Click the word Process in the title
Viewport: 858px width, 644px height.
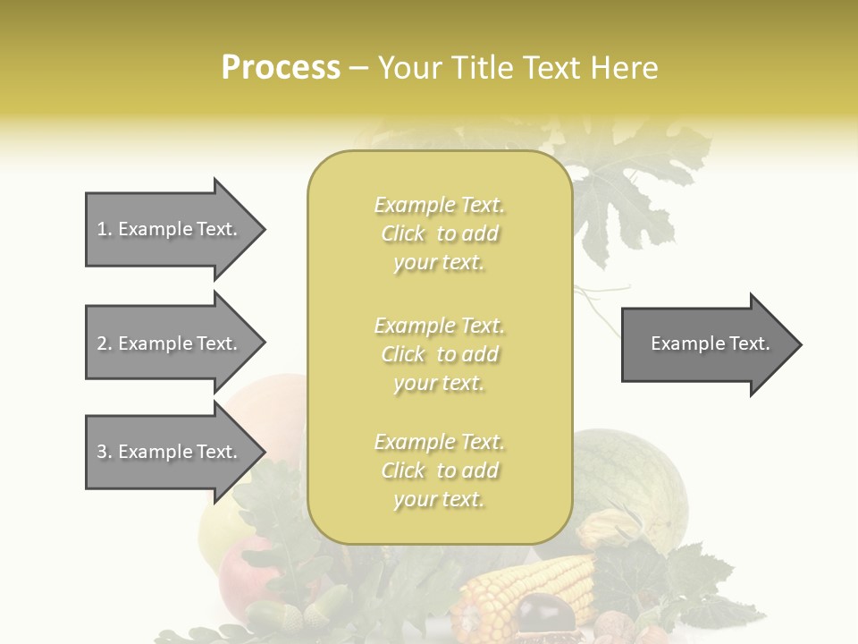(x=281, y=67)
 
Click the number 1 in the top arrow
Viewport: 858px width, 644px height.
(x=102, y=229)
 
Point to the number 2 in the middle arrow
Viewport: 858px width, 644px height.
(x=102, y=343)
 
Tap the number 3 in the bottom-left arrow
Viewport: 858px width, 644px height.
(x=102, y=452)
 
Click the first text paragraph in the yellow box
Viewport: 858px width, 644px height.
(x=439, y=233)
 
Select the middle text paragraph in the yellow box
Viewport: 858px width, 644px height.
(x=439, y=354)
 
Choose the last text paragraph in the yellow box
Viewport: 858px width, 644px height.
(x=439, y=470)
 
